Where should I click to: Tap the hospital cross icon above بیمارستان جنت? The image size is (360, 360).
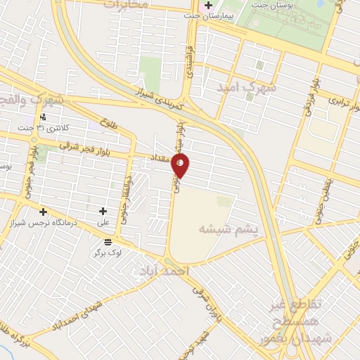[x=208, y=6]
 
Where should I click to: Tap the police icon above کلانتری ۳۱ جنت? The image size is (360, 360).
[x=44, y=117]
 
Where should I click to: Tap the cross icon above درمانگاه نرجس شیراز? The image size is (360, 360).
[x=44, y=212]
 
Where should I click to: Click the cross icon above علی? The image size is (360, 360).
[x=103, y=211]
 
